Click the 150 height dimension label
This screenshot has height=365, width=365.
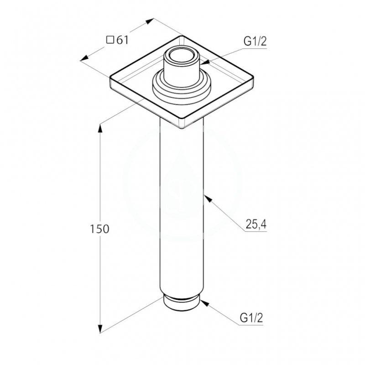99,229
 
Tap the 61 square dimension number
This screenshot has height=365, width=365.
122,40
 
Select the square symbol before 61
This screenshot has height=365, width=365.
110,40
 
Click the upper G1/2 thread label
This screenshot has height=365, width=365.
255,42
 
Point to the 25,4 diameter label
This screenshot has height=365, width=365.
256,224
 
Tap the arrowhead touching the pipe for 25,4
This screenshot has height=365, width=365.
208,199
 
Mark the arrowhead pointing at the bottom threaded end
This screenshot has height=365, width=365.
204,303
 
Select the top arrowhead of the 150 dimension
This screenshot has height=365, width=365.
100,129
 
